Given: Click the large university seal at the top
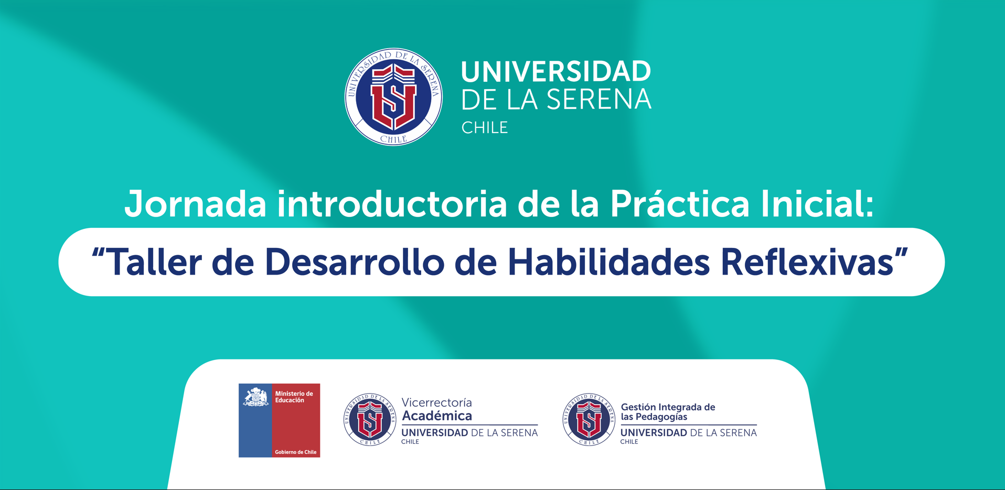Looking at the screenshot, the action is click(x=393, y=97).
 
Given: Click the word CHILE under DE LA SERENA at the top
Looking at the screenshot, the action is click(x=485, y=127).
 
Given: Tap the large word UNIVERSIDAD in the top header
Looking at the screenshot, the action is click(x=556, y=72).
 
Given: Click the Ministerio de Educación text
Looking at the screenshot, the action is click(x=294, y=397).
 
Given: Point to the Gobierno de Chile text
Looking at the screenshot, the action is click(x=296, y=452).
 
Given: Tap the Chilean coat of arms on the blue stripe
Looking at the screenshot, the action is click(x=255, y=397).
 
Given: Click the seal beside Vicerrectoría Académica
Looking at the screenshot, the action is click(x=370, y=420).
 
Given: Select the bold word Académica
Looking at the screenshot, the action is click(x=437, y=416).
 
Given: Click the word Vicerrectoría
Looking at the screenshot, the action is click(x=437, y=402).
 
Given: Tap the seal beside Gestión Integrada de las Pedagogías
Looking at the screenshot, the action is click(x=589, y=420).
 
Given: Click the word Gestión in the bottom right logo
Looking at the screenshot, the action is click(x=638, y=407).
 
